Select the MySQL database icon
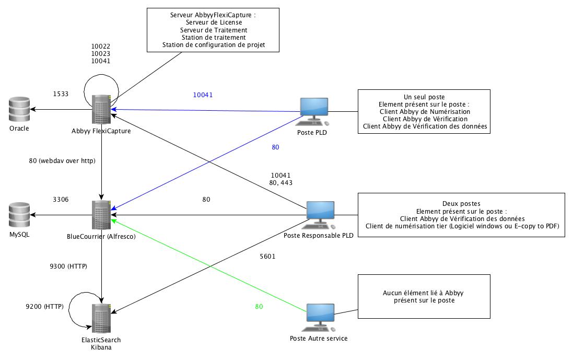(x=19, y=215)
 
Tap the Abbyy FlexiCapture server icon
(x=101, y=109)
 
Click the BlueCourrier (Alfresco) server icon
(x=101, y=215)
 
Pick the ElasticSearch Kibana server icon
(x=101, y=319)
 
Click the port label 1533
(x=61, y=94)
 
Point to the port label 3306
(x=61, y=199)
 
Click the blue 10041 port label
(x=203, y=95)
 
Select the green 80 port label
(x=259, y=307)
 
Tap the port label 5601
(x=267, y=257)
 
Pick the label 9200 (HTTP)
(x=44, y=306)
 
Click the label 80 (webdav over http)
(x=62, y=161)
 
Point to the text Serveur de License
(x=214, y=22)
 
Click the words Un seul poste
(x=424, y=97)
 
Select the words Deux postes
(x=461, y=203)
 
